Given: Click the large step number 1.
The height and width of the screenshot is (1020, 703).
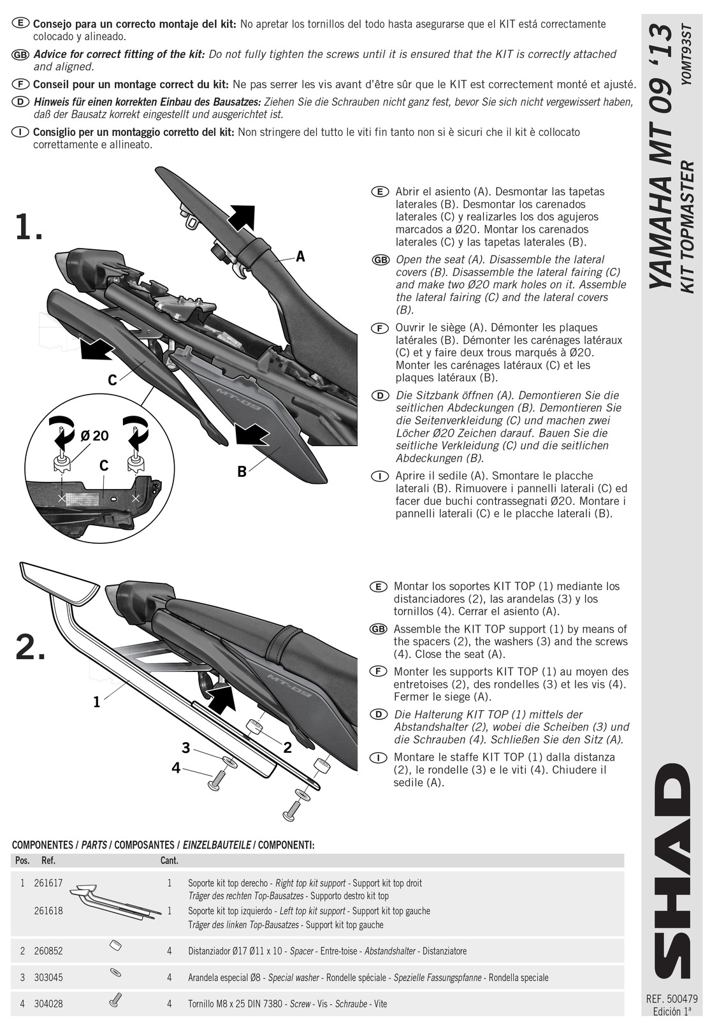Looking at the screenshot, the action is [29, 227].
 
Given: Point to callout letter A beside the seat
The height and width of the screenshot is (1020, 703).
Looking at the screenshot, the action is [300, 257].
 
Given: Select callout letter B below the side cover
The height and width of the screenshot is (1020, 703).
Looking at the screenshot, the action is [242, 471].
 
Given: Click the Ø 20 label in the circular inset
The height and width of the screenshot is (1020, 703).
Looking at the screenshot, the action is [95, 436].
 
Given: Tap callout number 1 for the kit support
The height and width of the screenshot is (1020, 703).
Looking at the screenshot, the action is [96, 702].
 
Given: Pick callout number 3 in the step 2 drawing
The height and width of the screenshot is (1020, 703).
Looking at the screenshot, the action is [185, 747].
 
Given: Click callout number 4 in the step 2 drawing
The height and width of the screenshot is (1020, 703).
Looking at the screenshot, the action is [176, 768].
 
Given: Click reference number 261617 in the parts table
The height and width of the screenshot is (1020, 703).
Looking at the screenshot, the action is [48, 884].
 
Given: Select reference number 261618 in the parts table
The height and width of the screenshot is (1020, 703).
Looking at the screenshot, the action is [48, 911].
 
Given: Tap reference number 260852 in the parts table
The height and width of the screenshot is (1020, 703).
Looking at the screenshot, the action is [48, 951].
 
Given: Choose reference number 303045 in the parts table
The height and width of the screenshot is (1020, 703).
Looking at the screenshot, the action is [48, 977].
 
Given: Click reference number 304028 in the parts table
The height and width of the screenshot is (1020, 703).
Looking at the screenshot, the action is [48, 1003].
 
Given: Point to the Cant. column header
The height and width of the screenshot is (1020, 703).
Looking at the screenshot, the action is [170, 861].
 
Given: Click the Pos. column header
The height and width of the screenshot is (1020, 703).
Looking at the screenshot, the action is [22, 861].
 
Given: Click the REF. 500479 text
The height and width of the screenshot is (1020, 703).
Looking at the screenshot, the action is [672, 1000].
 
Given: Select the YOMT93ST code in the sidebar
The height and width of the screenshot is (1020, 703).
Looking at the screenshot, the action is [688, 54].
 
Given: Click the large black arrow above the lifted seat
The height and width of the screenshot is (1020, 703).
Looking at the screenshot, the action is [241, 217].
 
